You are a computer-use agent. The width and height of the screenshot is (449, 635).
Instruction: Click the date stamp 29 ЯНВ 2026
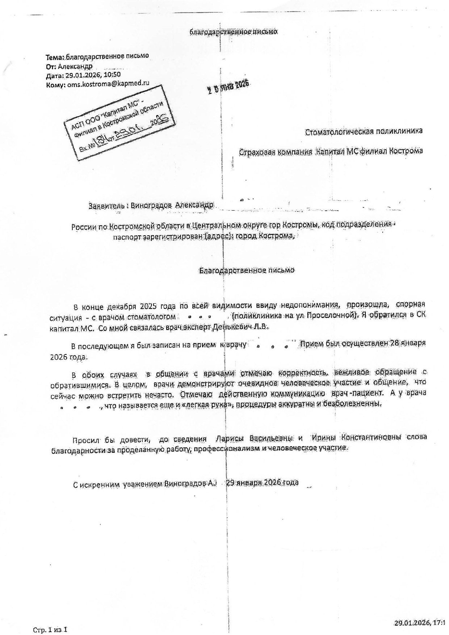(228, 87)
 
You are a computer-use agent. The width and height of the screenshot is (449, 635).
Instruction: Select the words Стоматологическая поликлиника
(364, 131)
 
